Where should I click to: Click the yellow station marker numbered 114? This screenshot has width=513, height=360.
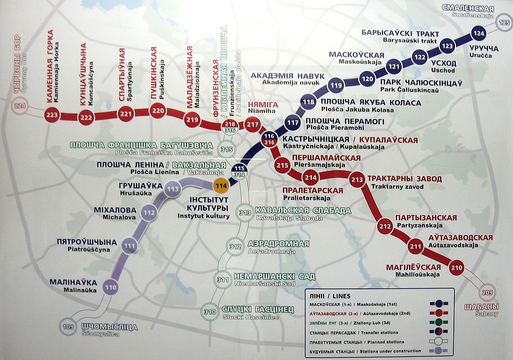221,185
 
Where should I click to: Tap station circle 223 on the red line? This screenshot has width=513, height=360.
52,115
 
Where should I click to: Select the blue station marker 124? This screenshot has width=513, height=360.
479,34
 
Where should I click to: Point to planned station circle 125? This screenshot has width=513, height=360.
504,23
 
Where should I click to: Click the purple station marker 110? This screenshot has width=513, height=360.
111,287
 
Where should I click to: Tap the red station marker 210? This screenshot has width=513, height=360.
456,267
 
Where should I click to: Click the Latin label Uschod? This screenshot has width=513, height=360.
443,71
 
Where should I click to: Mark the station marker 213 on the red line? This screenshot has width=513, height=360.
357,179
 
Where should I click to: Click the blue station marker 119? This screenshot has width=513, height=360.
335,86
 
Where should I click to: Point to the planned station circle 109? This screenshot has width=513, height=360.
69,327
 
